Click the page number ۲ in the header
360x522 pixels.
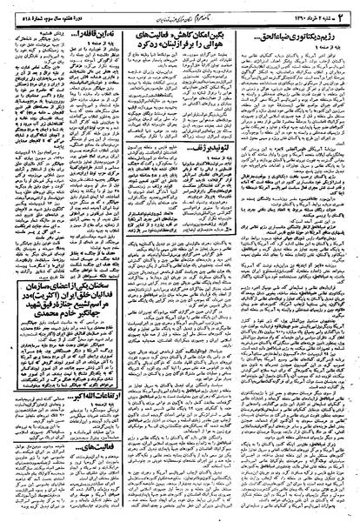click(x=347, y=10)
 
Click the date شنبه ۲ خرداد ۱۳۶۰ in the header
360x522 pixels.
click(x=309, y=10)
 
